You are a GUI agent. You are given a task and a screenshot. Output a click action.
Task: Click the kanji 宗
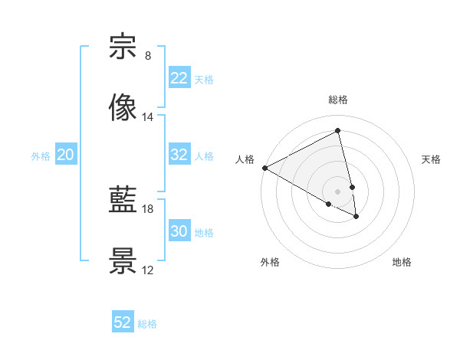[123, 47]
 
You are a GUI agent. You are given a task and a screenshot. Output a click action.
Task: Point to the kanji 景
[123, 261]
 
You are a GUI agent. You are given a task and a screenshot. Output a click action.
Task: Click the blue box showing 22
[179, 78]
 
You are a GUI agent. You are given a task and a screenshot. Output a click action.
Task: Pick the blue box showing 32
[179, 155]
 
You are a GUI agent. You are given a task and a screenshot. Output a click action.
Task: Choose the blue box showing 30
[179, 231]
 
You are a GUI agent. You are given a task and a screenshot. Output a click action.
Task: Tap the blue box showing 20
[66, 155]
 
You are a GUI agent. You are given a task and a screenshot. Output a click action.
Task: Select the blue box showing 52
[123, 322]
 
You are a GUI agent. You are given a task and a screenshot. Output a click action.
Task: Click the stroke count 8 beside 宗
[147, 56]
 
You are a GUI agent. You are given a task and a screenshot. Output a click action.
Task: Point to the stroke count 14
[147, 117]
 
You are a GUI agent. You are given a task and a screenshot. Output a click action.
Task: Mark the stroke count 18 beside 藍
[147, 208]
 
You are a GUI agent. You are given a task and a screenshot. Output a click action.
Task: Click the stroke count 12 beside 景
[147, 270]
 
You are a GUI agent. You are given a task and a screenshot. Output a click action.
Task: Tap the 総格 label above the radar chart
[338, 100]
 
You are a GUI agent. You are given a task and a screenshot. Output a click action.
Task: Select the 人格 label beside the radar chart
[245, 159]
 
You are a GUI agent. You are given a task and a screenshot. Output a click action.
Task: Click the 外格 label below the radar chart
[270, 262]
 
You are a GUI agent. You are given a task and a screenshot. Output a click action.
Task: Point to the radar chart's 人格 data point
[264, 168]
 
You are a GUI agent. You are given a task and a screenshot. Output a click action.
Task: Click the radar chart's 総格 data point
[338, 131]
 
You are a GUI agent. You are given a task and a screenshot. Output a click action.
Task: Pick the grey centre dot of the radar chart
[338, 191]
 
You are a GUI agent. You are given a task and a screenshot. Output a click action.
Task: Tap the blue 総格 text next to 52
[147, 324]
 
